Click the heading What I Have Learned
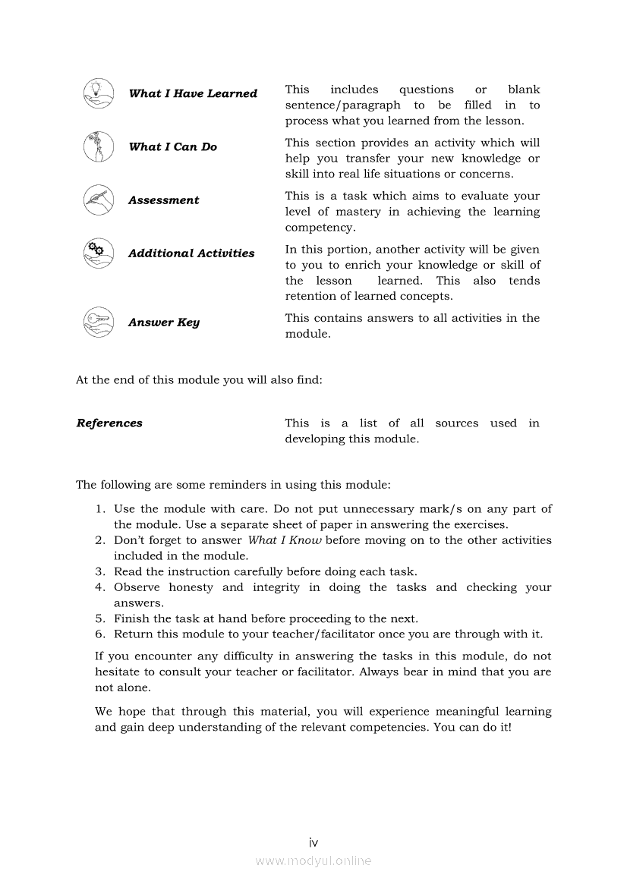(x=193, y=93)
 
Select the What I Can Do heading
(x=172, y=146)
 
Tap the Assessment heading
(x=163, y=200)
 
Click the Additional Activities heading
(x=191, y=253)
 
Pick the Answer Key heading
(x=163, y=322)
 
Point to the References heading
(x=109, y=423)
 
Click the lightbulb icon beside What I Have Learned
(x=98, y=93)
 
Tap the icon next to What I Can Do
(x=98, y=146)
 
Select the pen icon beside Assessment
(x=98, y=200)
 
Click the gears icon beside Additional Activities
(x=98, y=253)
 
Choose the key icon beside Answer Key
(x=98, y=322)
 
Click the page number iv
(x=313, y=842)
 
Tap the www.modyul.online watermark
(x=313, y=861)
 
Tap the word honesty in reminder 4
(x=191, y=587)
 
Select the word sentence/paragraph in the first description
(x=342, y=105)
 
